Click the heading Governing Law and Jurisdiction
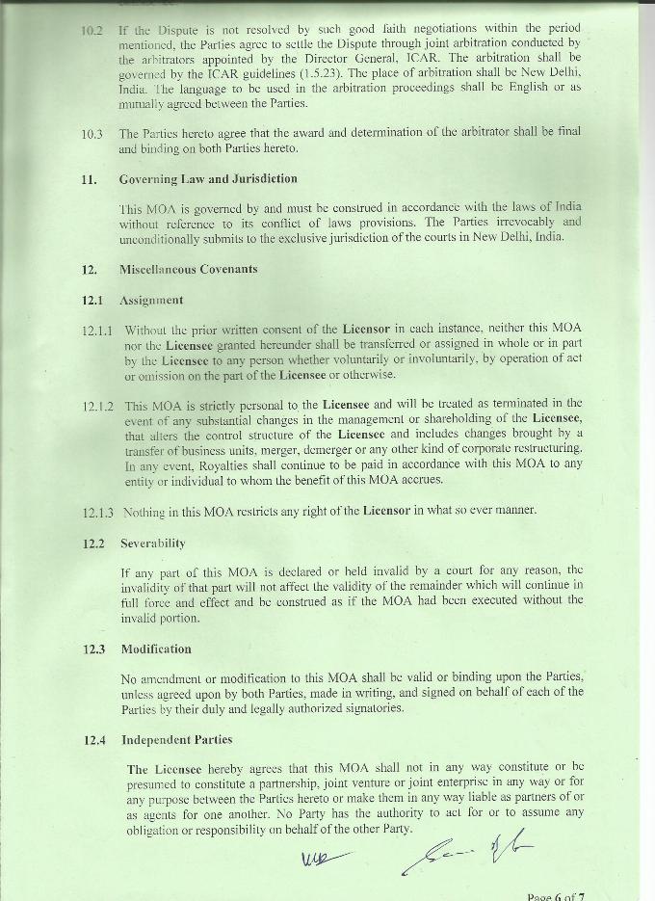(208, 179)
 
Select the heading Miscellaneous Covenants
(188, 269)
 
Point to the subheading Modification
(156, 649)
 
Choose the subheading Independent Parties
(176, 740)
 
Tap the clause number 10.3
(92, 134)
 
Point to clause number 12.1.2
(97, 405)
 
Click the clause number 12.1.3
(97, 512)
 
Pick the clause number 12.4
(93, 740)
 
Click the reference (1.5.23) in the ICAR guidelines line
(320, 73)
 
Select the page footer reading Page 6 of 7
(556, 895)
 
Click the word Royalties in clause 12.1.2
(195, 464)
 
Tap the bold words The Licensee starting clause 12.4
(165, 769)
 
